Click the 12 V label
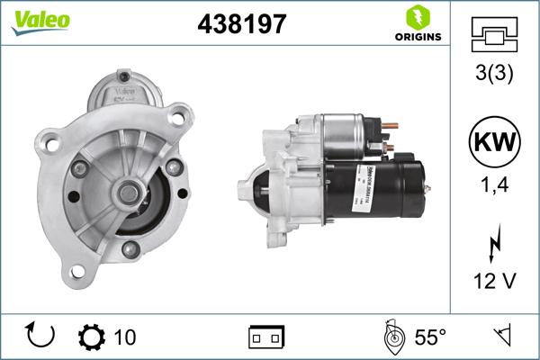(x=494, y=282)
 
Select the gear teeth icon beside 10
(x=92, y=337)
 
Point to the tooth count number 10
(x=125, y=337)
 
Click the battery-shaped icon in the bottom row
(x=265, y=337)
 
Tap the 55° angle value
(x=429, y=337)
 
